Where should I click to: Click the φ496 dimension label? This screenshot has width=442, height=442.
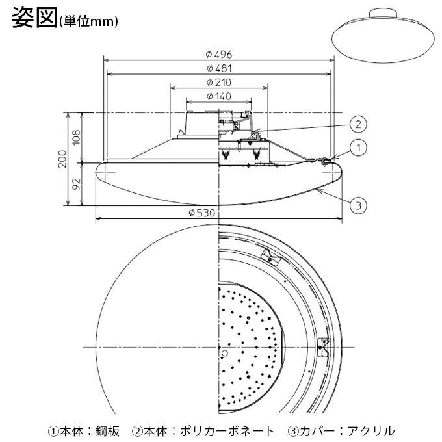click(219, 54)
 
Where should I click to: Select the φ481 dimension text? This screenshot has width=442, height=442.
click(219, 68)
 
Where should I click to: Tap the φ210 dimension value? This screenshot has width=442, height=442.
click(219, 83)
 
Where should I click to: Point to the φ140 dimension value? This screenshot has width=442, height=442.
click(219, 96)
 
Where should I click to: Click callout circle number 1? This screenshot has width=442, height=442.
click(357, 148)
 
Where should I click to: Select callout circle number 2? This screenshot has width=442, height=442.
click(357, 123)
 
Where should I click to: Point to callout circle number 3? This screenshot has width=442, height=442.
click(357, 206)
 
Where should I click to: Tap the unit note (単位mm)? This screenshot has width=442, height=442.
click(88, 22)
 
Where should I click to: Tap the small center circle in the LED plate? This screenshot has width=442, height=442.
click(225, 353)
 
